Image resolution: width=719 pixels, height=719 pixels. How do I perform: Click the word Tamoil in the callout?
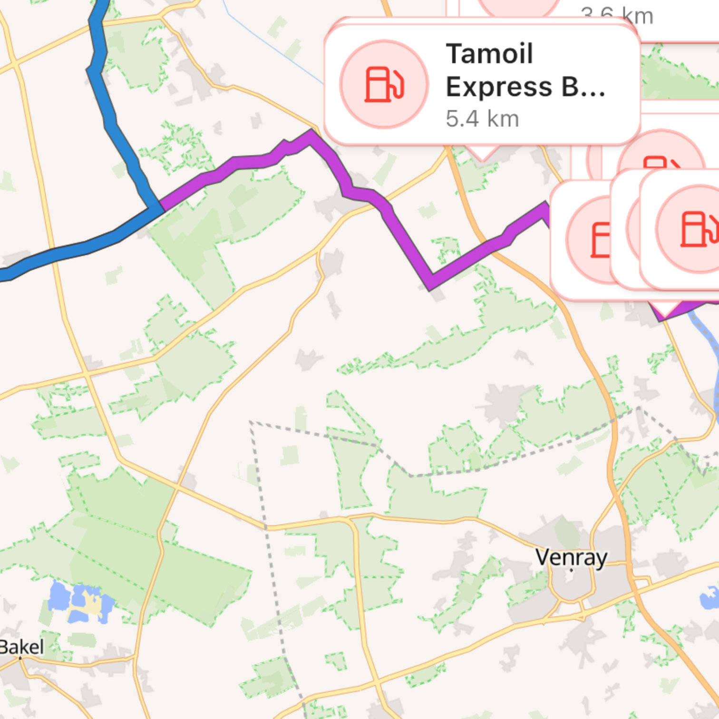(489, 53)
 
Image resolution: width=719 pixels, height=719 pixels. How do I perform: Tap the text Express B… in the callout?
(525, 87)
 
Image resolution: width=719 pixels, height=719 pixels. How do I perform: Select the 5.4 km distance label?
(482, 119)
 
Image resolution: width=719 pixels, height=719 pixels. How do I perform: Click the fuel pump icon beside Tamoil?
(384, 84)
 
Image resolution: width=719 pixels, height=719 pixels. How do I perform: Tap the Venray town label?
(571, 557)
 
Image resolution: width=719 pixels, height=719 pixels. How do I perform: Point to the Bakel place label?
(22, 647)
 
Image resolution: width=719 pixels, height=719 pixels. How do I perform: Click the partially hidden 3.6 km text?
(617, 16)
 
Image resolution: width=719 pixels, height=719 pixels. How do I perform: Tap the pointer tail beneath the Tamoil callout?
(481, 153)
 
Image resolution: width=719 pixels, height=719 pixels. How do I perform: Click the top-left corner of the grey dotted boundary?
(251, 422)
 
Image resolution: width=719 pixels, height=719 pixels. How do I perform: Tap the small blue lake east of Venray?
(709, 597)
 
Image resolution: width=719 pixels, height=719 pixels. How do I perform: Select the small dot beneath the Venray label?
(571, 569)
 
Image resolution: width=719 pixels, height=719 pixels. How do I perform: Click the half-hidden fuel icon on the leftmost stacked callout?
(600, 240)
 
